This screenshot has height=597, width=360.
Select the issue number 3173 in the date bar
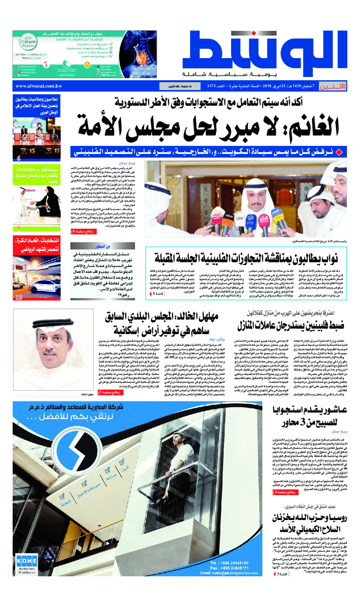tap(215, 86)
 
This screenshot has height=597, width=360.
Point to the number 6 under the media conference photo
tap(19, 158)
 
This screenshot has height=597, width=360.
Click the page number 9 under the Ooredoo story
tap(19, 228)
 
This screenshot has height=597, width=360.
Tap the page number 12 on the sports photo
tap(19, 297)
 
